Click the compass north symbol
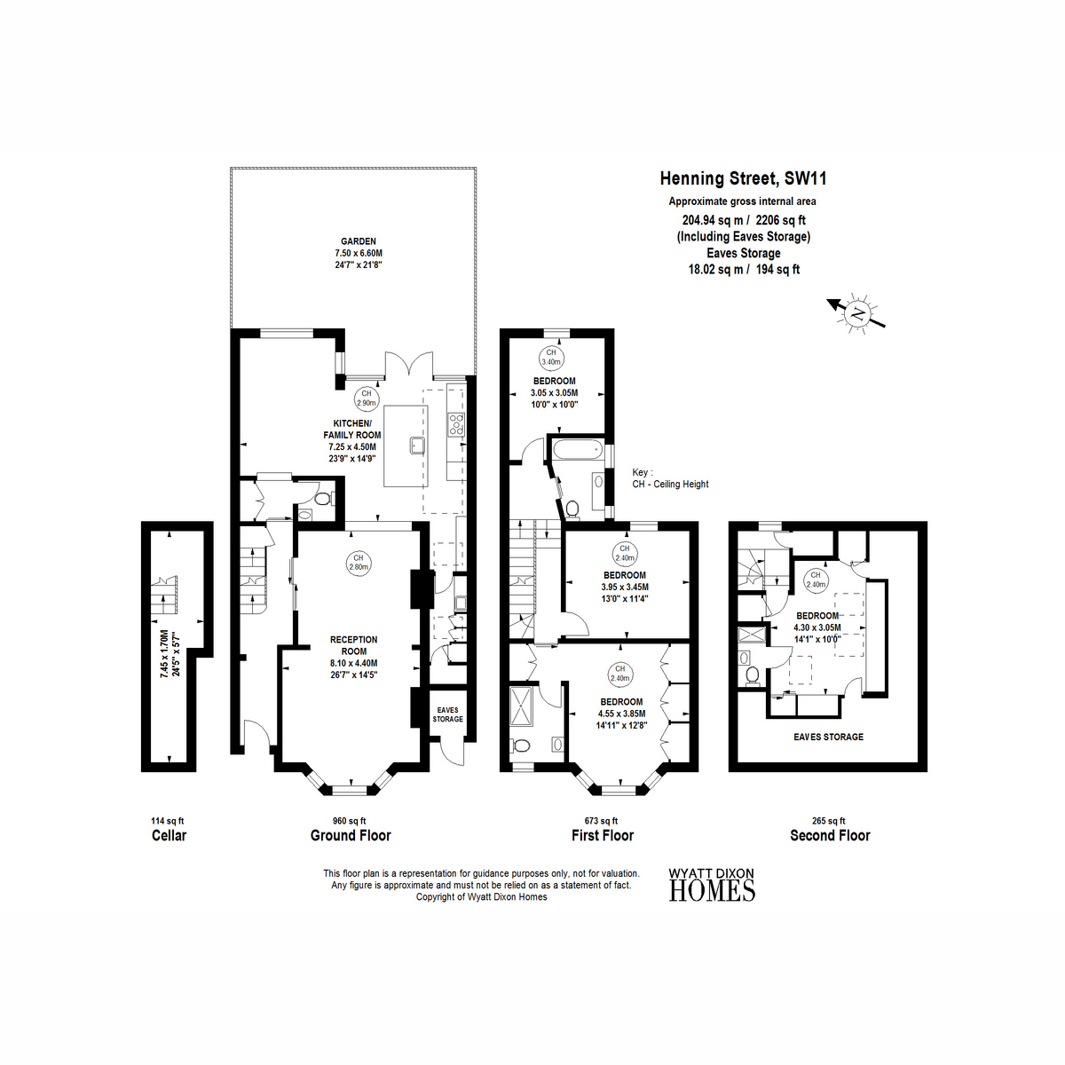[x=856, y=313]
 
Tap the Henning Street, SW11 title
[x=744, y=178]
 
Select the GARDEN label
[x=359, y=241]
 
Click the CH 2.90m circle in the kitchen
[x=366, y=398]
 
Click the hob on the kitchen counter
[x=456, y=424]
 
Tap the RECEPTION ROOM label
[x=354, y=645]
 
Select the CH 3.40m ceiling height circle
[x=551, y=357]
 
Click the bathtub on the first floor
[x=576, y=450]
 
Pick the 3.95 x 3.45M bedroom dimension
[x=625, y=587]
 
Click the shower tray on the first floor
[x=521, y=706]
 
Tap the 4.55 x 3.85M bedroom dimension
[x=621, y=714]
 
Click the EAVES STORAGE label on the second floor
[x=828, y=737]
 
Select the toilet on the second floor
[x=752, y=676]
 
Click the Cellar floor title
[x=170, y=835]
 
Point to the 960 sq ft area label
[x=350, y=821]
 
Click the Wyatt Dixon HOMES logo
[x=712, y=885]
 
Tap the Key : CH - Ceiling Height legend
[x=670, y=478]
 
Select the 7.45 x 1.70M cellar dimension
[x=163, y=654]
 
